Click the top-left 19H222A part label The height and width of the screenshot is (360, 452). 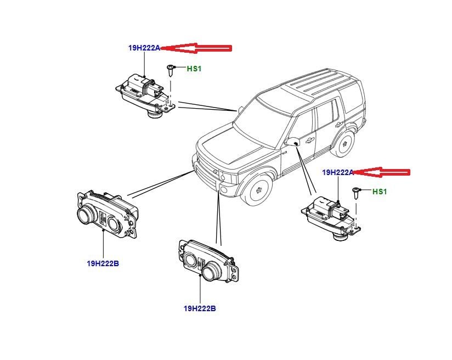tap(144, 48)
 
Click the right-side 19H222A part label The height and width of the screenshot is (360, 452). tap(337, 172)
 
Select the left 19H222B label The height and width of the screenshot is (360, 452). tap(103, 263)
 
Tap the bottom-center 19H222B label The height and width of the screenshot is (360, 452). tap(200, 309)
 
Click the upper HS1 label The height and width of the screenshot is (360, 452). tap(194, 69)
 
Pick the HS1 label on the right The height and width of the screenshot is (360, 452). tap(380, 192)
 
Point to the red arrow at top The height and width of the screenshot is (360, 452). tap(198, 48)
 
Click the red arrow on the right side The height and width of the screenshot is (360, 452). tap(382, 172)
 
